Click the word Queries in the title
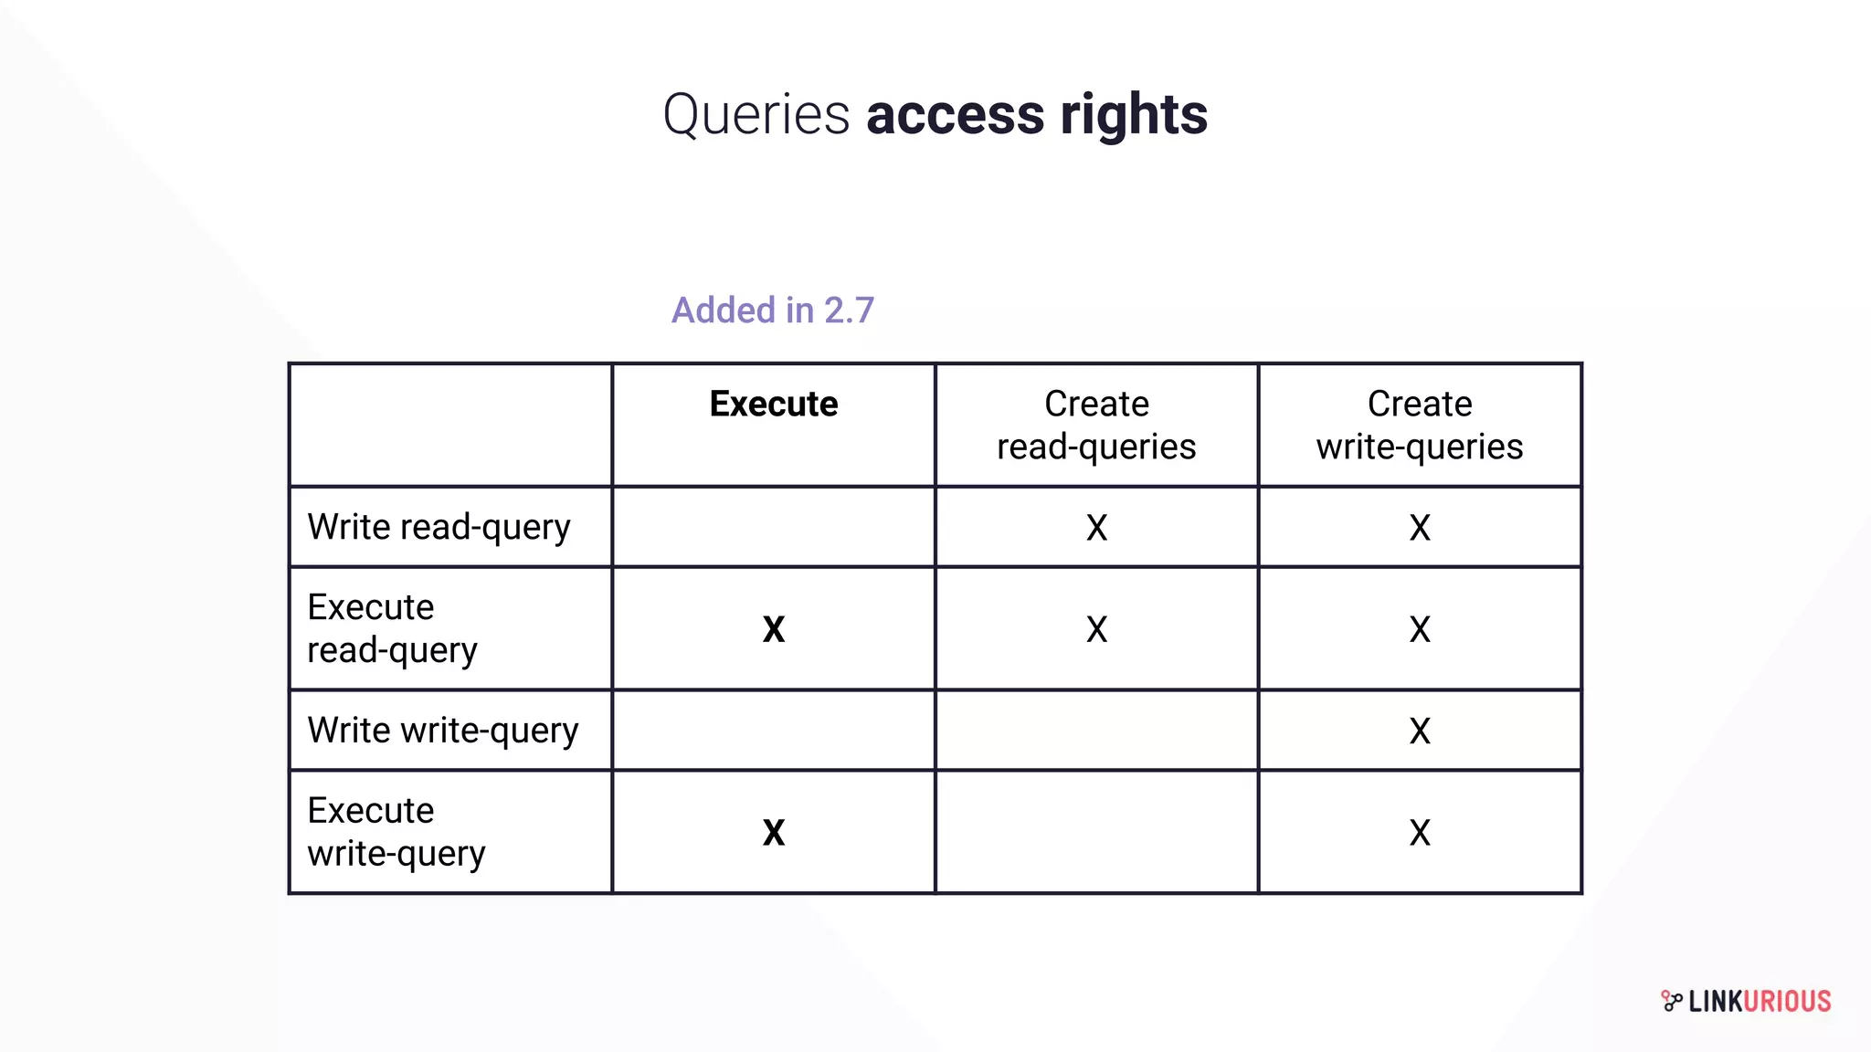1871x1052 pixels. [x=756, y=116]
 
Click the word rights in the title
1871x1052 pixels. [x=1133, y=116]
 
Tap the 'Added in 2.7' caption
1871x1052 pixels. [x=773, y=310]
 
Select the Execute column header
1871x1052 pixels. [x=773, y=405]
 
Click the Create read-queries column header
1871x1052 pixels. [x=1096, y=425]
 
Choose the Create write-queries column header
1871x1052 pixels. [x=1419, y=425]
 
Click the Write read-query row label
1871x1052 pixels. [x=439, y=528]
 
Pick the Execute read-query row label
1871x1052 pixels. [x=392, y=628]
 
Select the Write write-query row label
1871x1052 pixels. [x=442, y=731]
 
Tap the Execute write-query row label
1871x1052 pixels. [x=396, y=832]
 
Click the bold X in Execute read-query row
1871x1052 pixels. [x=773, y=629]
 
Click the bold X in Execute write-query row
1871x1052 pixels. [x=773, y=833]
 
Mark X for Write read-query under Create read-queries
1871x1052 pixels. [x=1096, y=528]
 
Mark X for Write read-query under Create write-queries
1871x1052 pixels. [x=1419, y=528]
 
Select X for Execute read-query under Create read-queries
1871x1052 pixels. [x=1096, y=629]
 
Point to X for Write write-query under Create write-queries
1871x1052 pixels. [x=1419, y=731]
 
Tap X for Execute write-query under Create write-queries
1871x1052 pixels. [x=1419, y=833]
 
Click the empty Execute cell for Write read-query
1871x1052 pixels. [x=773, y=528]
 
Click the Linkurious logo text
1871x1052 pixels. [x=1758, y=1002]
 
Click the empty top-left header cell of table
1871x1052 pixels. [x=450, y=425]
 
